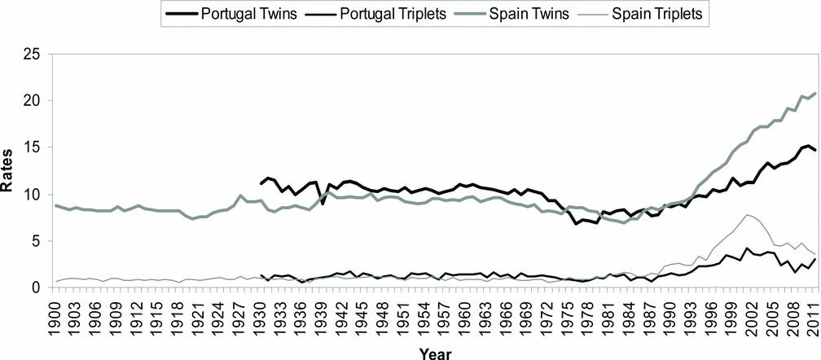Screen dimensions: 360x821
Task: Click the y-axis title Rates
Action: click(11, 171)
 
